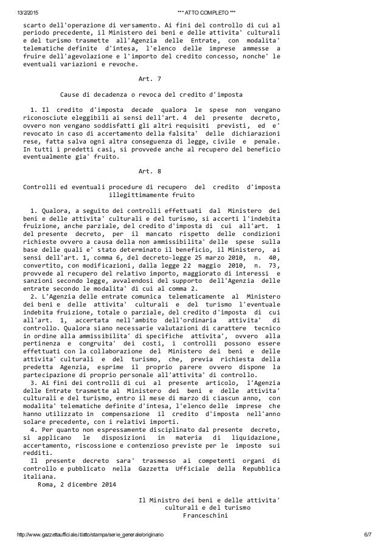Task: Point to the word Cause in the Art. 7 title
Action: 71,95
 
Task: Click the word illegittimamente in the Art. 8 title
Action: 137,196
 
